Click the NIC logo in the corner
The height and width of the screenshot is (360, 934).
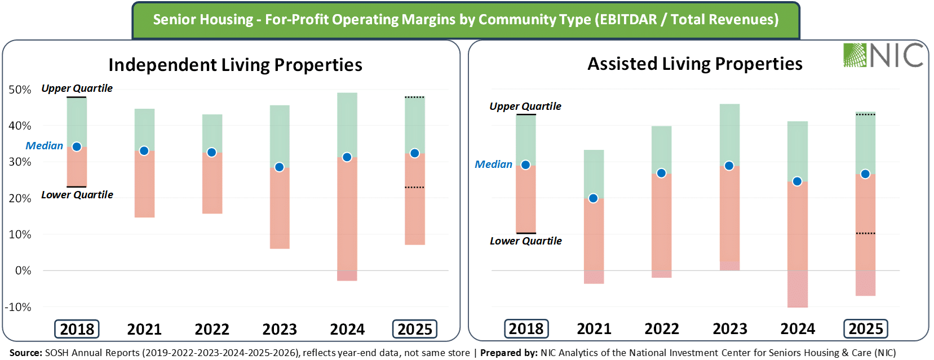pyautogui.click(x=883, y=55)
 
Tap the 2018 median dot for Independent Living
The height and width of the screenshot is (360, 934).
pyautogui.click(x=77, y=146)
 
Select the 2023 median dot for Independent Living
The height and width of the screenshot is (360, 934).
pyautogui.click(x=280, y=167)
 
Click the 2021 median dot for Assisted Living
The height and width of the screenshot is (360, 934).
pyautogui.click(x=594, y=198)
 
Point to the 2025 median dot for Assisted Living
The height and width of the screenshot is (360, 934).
pyautogui.click(x=865, y=174)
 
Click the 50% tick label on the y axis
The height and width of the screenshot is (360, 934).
pyautogui.click(x=20, y=90)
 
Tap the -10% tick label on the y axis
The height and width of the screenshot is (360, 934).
pyautogui.click(x=18, y=307)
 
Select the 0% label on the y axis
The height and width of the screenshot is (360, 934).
pyautogui.click(x=23, y=271)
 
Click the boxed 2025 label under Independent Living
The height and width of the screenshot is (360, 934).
pyautogui.click(x=415, y=329)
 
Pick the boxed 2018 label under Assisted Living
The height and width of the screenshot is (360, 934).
pyautogui.click(x=526, y=329)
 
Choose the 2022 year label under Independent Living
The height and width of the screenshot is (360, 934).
pyautogui.click(x=212, y=330)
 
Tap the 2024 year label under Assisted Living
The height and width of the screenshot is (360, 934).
pyautogui.click(x=798, y=329)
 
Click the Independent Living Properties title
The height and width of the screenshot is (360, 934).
pyautogui.click(x=235, y=65)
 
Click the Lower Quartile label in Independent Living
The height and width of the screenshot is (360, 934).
pyautogui.click(x=77, y=194)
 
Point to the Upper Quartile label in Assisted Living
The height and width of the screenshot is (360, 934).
pyautogui.click(x=525, y=106)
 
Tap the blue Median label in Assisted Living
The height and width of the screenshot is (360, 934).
pyautogui.click(x=493, y=164)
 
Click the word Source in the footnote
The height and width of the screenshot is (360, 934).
pyautogui.click(x=25, y=353)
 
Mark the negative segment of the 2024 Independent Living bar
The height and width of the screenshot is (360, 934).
pyautogui.click(x=347, y=276)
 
